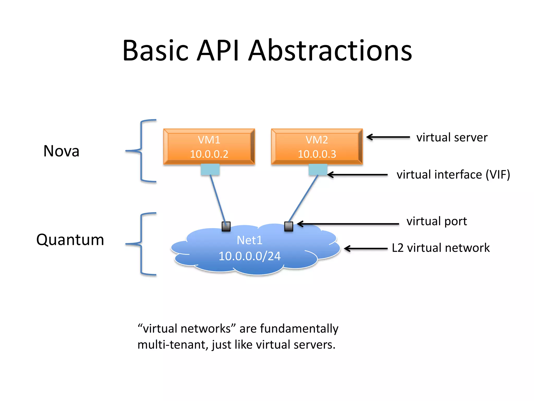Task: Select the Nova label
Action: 61,151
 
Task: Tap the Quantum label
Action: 70,240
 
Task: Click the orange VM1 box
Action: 209,146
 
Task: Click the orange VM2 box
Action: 317,146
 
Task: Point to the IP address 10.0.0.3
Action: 317,154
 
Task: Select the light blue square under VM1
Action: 210,169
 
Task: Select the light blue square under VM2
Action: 318,169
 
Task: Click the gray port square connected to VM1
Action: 226,226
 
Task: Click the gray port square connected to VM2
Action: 288,226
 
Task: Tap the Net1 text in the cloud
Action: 249,240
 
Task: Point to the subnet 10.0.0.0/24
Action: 249,256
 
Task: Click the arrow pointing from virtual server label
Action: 388,137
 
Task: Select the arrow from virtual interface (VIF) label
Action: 357,175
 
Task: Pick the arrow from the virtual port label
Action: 348,224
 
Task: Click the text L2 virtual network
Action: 440,248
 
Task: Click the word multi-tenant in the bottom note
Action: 172,345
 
